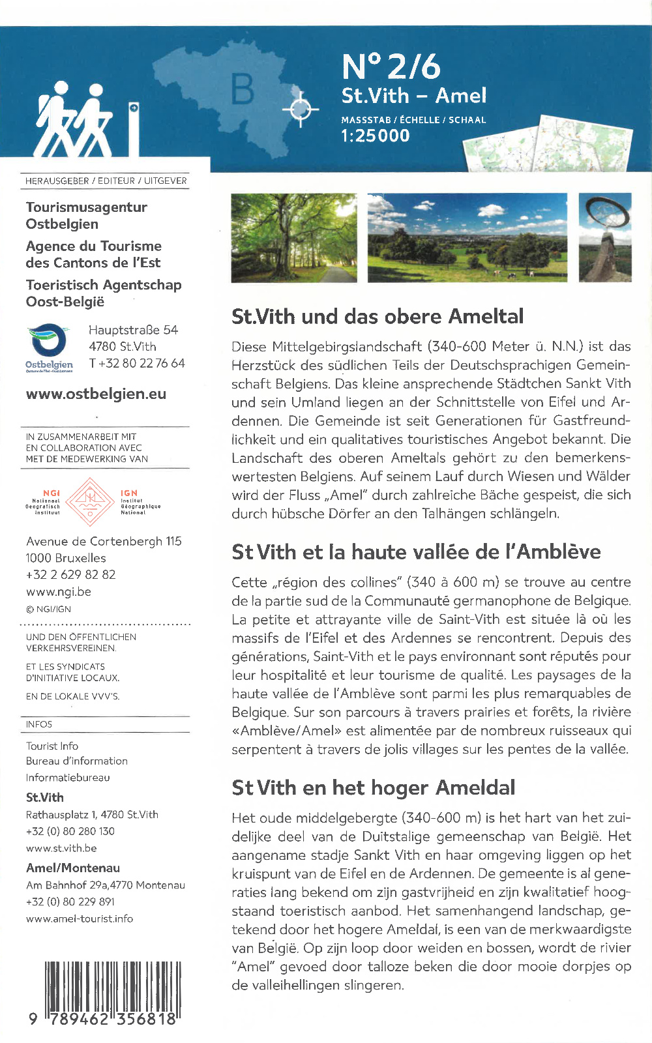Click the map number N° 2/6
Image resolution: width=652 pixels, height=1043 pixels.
(x=391, y=66)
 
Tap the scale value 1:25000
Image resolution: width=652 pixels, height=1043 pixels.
(x=376, y=136)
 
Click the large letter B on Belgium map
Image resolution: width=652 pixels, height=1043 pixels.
(x=243, y=89)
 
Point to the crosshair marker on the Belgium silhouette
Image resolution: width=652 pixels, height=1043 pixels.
(x=300, y=109)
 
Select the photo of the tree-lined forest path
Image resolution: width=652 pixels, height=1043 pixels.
(x=294, y=238)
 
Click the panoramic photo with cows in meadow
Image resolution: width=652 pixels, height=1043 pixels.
(x=467, y=238)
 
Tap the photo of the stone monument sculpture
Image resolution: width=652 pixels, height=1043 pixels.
(x=605, y=238)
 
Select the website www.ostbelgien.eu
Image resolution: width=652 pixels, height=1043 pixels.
(x=96, y=394)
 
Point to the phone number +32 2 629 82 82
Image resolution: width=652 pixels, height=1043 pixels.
(x=70, y=574)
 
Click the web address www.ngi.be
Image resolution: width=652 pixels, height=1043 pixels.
(x=59, y=591)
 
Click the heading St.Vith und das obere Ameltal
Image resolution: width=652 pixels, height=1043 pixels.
(x=378, y=316)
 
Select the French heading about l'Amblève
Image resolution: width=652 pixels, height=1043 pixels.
(x=416, y=551)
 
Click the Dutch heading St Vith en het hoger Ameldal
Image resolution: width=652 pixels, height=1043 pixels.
(x=373, y=787)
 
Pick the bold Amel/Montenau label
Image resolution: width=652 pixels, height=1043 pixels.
(x=73, y=868)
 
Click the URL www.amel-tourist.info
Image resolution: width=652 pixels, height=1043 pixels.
(x=80, y=918)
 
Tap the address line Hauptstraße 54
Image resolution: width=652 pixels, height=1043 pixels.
(x=133, y=330)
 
